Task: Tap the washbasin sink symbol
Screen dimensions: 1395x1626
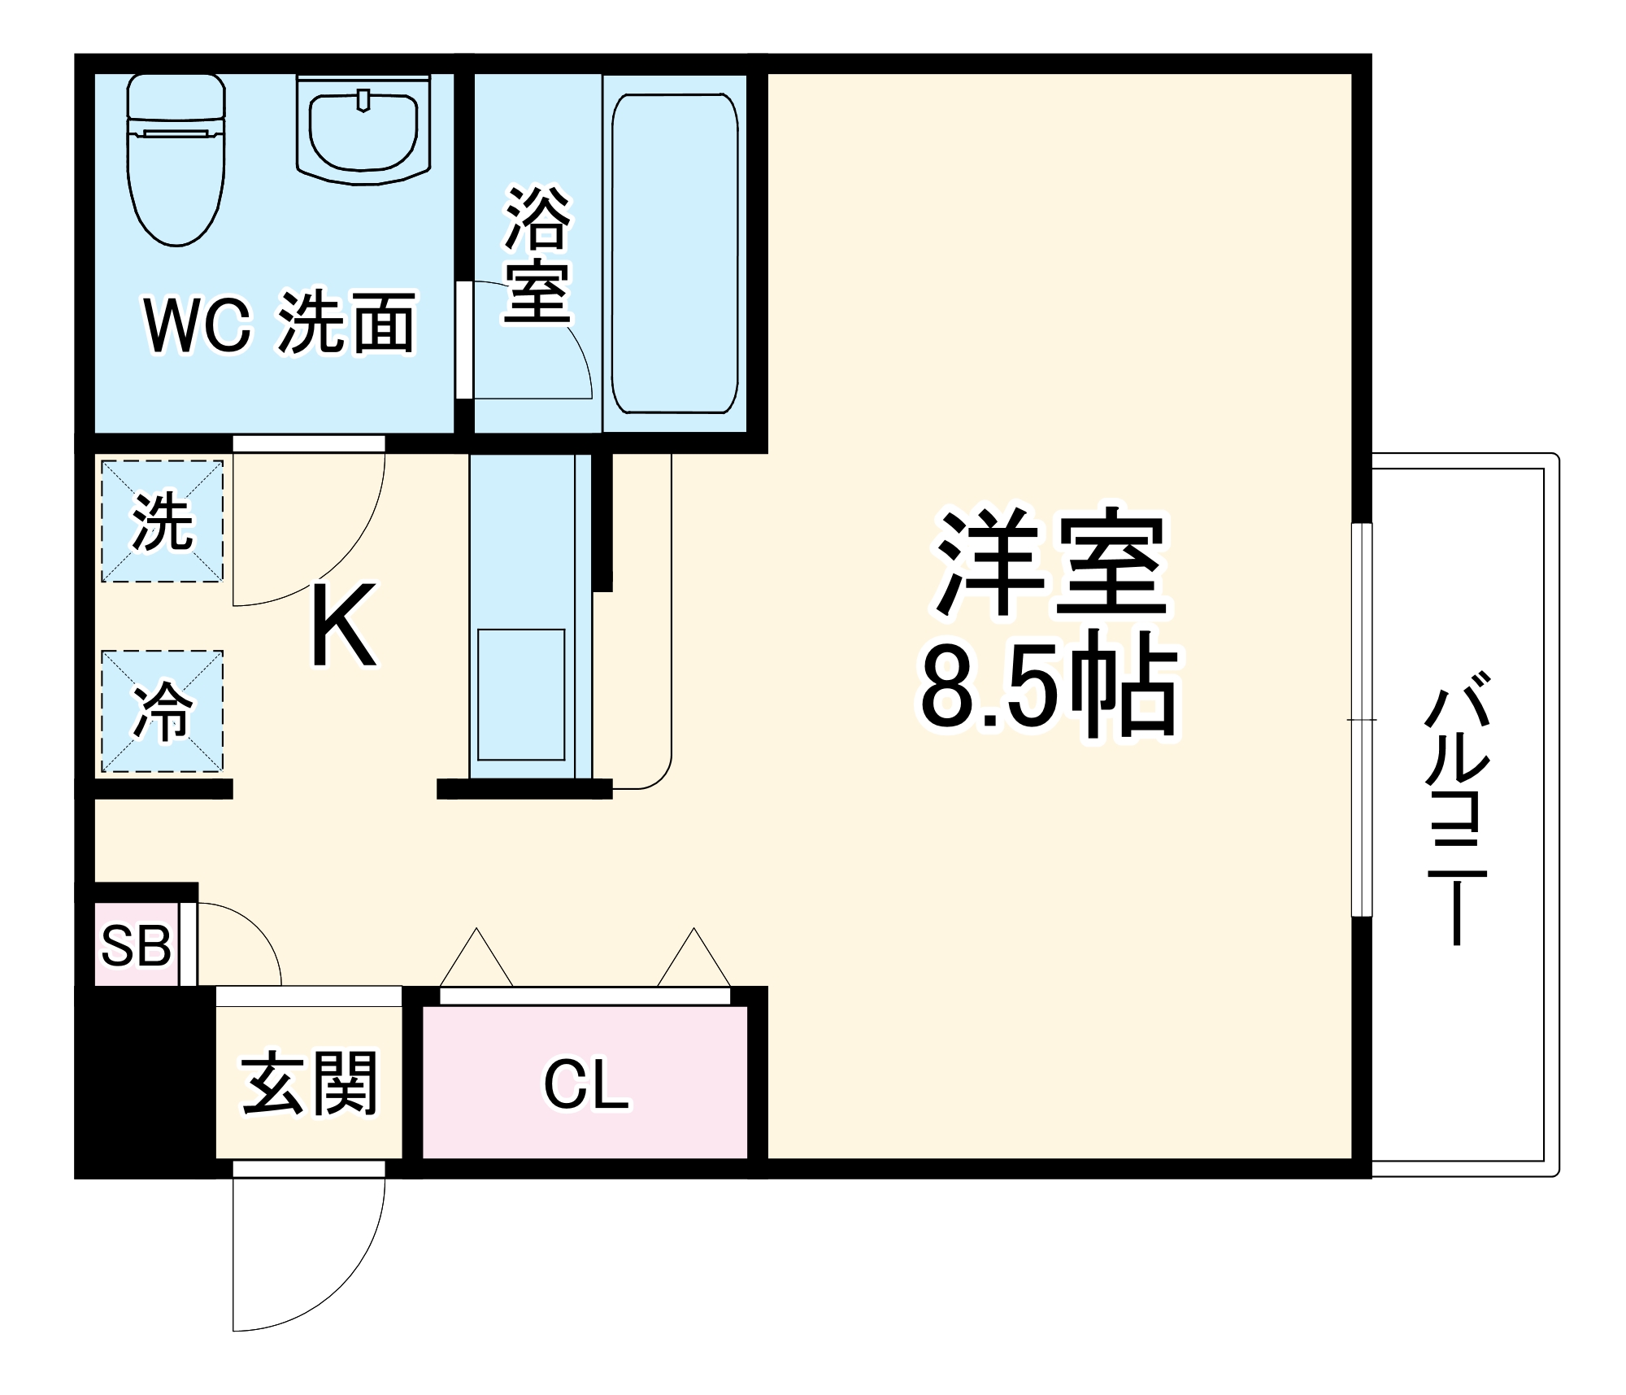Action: [x=363, y=130]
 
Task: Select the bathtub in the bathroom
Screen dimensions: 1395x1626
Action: [x=674, y=253]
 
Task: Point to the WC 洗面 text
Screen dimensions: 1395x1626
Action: [x=280, y=324]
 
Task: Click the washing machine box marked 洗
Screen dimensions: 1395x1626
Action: [x=162, y=521]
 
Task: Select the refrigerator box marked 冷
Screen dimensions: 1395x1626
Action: [x=162, y=712]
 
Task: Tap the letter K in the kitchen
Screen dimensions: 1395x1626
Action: [x=343, y=625]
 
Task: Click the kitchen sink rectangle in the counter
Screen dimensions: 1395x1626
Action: [x=521, y=694]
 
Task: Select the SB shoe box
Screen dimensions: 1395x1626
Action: [x=136, y=945]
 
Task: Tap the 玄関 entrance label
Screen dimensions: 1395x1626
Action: [x=309, y=1083]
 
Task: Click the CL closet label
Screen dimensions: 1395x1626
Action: [x=585, y=1084]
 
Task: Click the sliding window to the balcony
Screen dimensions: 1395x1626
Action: [x=1362, y=720]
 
